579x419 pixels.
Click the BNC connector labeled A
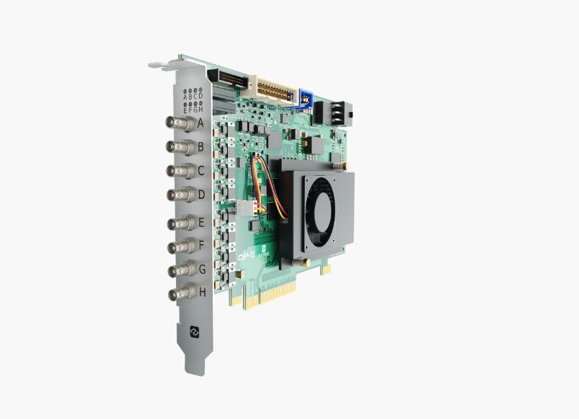click(x=180, y=123)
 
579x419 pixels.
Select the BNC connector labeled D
click(x=180, y=195)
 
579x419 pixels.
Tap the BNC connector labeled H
click(x=180, y=294)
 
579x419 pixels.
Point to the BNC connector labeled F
click(x=180, y=247)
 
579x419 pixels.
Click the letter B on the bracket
click(x=201, y=147)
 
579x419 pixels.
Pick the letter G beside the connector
click(x=202, y=268)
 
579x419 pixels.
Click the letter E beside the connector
click(x=201, y=221)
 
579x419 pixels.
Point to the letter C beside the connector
click(x=201, y=171)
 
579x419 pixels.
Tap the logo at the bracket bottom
click(x=193, y=331)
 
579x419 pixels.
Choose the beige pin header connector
click(x=268, y=90)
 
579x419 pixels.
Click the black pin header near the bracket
click(x=227, y=77)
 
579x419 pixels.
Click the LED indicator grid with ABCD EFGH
click(x=193, y=100)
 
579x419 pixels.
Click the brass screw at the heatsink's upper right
click(x=336, y=166)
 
